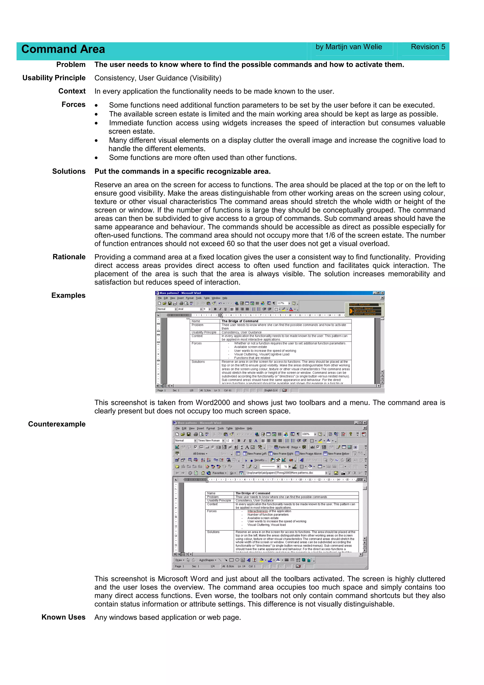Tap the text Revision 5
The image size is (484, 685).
[x=428, y=47]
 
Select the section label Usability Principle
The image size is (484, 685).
[x=54, y=78]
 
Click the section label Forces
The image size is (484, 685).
[x=73, y=104]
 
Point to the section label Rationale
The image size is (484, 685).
[x=69, y=257]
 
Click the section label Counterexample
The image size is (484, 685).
[x=57, y=424]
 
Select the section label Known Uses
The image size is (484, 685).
[x=63, y=617]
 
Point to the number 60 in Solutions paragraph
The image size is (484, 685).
[x=230, y=244]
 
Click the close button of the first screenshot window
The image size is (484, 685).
[x=382, y=293]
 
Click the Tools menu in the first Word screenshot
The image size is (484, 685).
[x=199, y=298]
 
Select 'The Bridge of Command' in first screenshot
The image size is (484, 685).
[x=240, y=321]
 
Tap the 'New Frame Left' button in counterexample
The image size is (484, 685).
[x=255, y=454]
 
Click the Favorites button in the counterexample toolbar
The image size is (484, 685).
[x=218, y=473]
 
